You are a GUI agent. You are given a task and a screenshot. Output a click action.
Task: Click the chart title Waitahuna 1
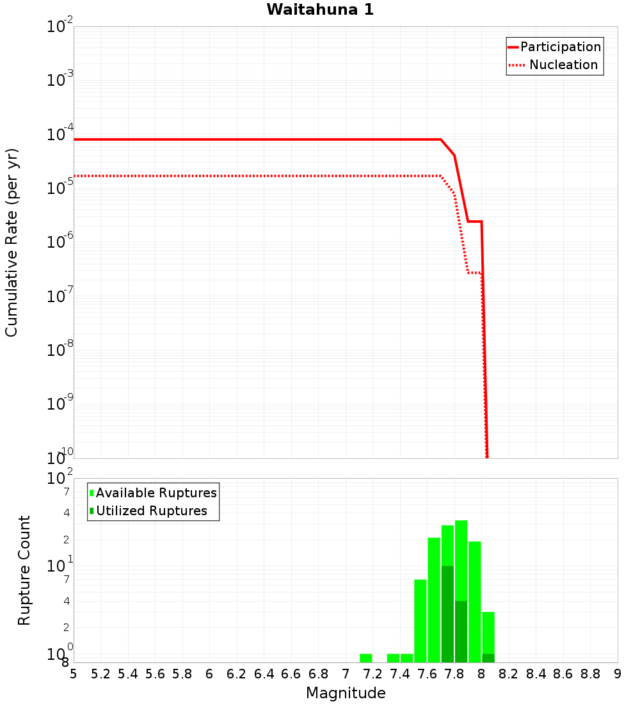(320, 10)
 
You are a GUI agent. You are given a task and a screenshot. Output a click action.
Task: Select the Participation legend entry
(561, 47)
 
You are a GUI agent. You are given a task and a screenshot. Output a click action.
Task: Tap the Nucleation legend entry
(563, 65)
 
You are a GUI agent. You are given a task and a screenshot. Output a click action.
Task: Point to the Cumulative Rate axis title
(12, 243)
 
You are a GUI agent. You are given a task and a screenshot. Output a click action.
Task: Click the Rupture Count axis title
(24, 570)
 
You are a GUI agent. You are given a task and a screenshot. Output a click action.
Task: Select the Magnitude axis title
(346, 693)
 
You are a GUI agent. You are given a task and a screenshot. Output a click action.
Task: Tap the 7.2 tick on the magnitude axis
(372, 674)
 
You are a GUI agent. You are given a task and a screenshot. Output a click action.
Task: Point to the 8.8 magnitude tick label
(590, 674)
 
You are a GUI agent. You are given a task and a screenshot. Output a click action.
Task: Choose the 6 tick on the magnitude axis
(209, 674)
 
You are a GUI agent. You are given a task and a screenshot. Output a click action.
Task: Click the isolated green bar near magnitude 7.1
(365, 658)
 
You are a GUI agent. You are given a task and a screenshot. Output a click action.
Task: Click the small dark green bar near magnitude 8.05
(488, 658)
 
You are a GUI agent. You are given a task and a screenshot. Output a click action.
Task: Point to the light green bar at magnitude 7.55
(420, 621)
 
